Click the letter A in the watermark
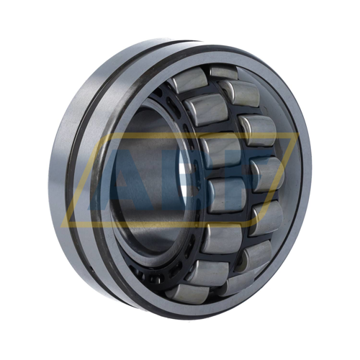[x=133, y=180]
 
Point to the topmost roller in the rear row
[x=223, y=73]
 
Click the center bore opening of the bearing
[x=148, y=180]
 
